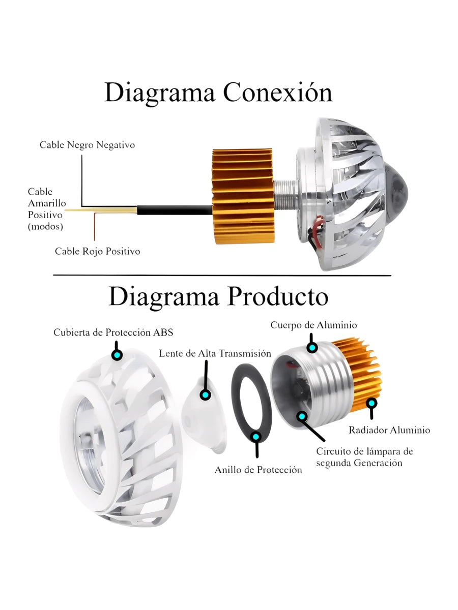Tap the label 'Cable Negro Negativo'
coord(87,145)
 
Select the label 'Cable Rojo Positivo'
coord(97,251)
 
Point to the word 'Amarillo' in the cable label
coord(47,203)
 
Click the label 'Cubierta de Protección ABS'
coord(113,332)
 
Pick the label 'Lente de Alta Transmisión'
coord(215,353)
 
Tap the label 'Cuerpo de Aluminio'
coord(313,325)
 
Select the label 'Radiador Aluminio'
coord(389,430)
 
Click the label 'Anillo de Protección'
coord(259,470)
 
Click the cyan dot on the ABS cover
coord(117,355)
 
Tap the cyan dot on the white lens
coord(205,394)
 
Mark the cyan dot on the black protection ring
coord(256,437)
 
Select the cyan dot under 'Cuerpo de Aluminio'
coord(312,347)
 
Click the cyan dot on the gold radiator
coord(372,403)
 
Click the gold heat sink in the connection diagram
coord(243,196)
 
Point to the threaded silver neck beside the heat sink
coord(285,191)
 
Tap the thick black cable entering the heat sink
coord(175,210)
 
